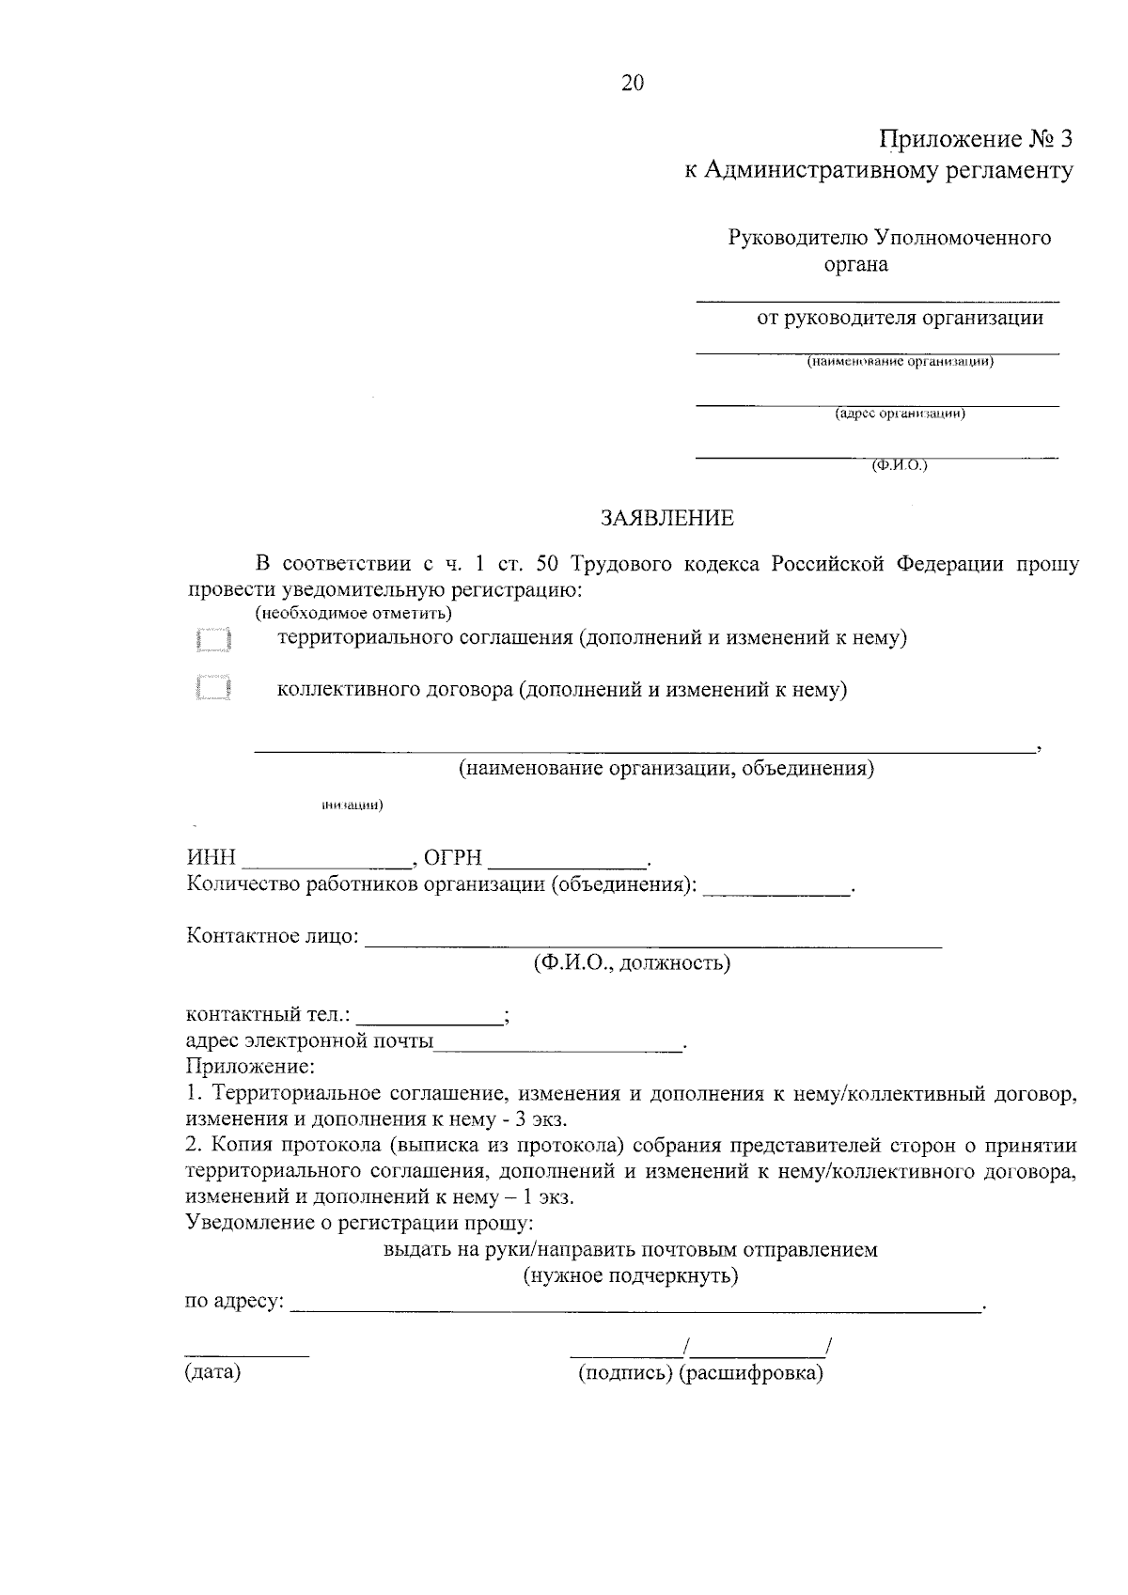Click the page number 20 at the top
(633, 84)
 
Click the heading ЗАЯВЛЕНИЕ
(668, 518)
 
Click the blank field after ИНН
(327, 857)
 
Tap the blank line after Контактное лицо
(652, 938)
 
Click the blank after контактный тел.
(430, 1015)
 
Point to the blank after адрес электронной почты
(559, 1041)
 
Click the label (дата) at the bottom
(213, 1372)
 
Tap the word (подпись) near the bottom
(625, 1373)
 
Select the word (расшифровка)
(751, 1373)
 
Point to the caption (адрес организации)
(901, 413)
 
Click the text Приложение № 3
(975, 139)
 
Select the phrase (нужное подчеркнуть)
(631, 1276)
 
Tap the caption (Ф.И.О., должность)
(631, 963)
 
